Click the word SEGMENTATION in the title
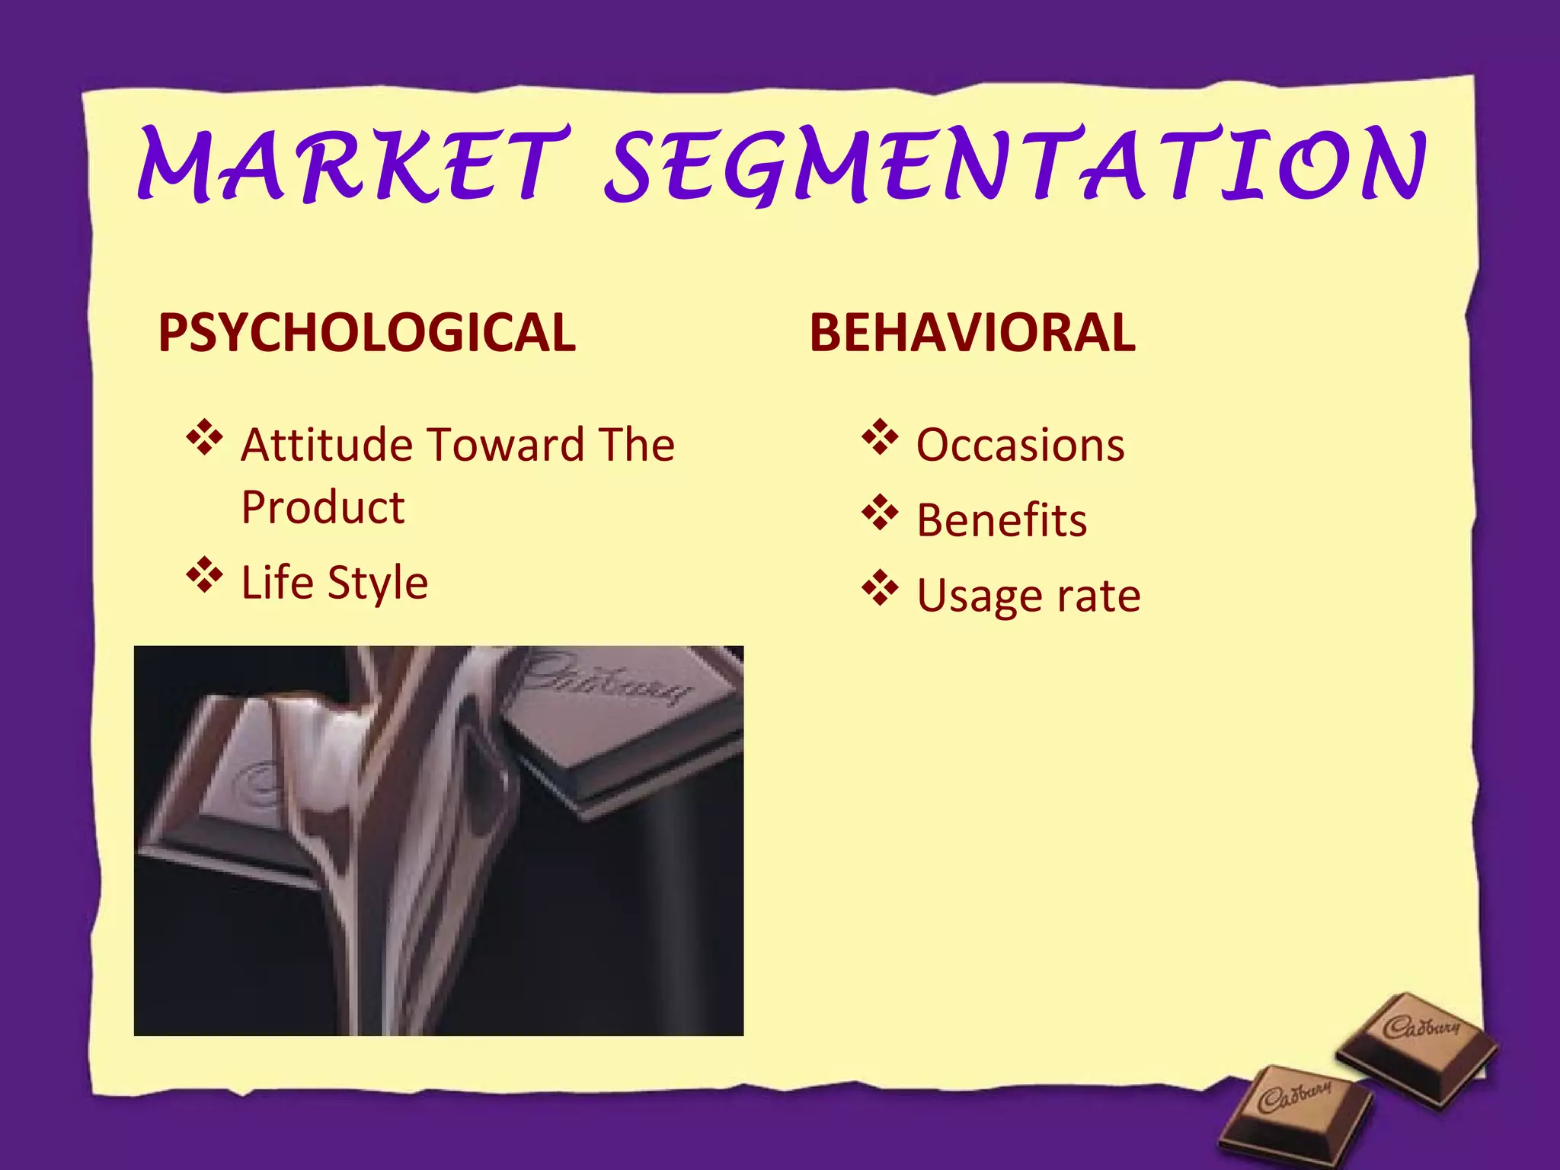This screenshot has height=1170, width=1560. (x=1015, y=165)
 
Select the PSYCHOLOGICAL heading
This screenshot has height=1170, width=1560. (x=367, y=333)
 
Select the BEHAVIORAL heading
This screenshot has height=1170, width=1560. (x=972, y=333)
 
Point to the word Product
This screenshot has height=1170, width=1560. (x=323, y=507)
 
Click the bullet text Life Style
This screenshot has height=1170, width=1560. (x=334, y=583)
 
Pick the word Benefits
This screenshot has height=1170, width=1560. (x=1002, y=520)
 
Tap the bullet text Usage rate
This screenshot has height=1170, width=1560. (x=1028, y=596)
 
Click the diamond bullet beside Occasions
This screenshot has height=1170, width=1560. (x=880, y=437)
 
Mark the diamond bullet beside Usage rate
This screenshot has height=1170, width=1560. (x=880, y=588)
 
